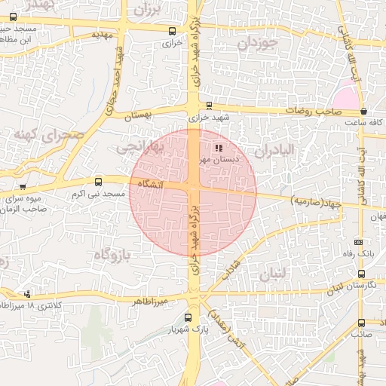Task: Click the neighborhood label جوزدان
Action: coord(258,44)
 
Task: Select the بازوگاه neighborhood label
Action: coord(112,255)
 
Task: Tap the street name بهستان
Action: coord(158,114)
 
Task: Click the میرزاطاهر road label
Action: coord(148,301)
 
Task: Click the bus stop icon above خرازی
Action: coord(173,32)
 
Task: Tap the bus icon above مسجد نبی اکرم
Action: coord(98,182)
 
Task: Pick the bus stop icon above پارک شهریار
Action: coord(188,318)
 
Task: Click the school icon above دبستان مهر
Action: coord(219,148)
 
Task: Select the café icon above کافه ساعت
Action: coord(364,112)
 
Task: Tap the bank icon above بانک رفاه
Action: coord(358,242)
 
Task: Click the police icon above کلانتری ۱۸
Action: coord(28,293)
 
